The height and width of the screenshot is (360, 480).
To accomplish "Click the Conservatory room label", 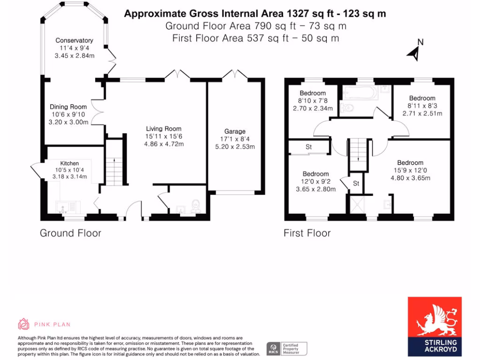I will coord(74,41).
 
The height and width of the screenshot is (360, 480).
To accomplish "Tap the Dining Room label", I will coord(68,107).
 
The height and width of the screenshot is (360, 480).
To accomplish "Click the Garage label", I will coord(234,131).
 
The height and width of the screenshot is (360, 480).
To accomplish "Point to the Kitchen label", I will coord(69,163).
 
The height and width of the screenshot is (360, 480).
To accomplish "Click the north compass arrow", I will coord(414,52).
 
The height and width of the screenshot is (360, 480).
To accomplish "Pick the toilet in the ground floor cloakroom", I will coord(196,205).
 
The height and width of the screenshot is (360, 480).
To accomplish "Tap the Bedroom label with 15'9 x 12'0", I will coord(410,163).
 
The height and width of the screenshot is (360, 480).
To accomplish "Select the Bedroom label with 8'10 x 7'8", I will coord(313,93).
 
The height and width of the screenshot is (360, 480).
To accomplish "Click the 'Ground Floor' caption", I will coord(70,233).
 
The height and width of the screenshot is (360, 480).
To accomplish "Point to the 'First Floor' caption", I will coord(307,233).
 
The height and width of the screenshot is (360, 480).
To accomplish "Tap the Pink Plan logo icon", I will coord(23,324).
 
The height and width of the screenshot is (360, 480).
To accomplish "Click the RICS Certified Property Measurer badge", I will coord(287,348).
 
